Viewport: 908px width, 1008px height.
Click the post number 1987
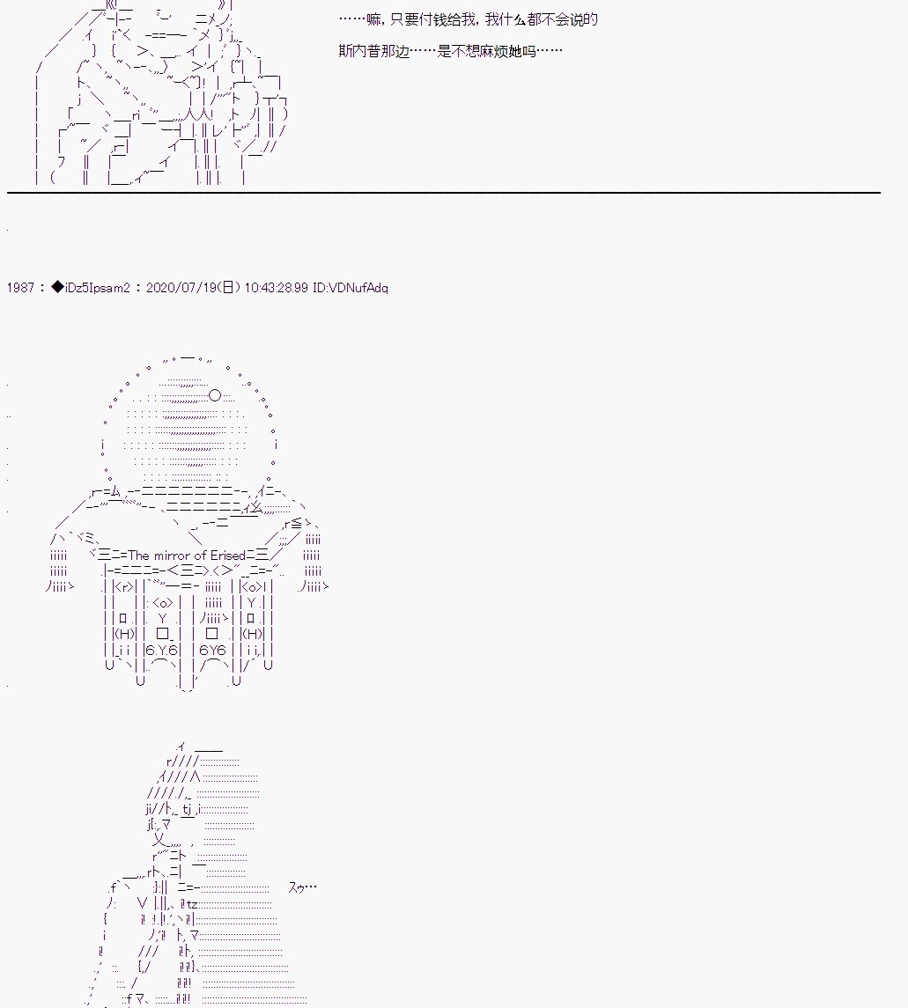pos(20,288)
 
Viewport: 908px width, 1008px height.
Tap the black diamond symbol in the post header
pos(57,287)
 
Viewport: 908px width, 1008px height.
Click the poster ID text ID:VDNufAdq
pos(351,288)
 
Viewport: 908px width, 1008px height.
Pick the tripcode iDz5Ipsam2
pos(98,288)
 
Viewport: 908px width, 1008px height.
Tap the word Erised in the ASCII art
pos(227,556)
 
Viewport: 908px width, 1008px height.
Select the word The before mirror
pos(139,556)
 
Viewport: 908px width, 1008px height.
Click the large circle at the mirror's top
pos(216,395)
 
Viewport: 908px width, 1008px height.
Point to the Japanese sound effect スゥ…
pos(302,887)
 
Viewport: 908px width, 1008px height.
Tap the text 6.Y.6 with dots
pos(161,651)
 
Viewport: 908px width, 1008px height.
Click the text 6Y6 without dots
pos(212,651)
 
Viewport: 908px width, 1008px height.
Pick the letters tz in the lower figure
pos(192,904)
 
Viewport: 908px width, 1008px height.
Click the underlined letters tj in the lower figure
pos(187,810)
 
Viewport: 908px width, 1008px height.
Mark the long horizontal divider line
pos(444,192)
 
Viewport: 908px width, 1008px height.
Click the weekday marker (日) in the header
pos(228,288)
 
